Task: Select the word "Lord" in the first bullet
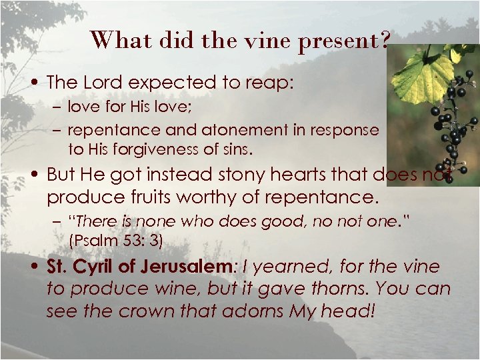102,83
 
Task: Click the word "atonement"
221,131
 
